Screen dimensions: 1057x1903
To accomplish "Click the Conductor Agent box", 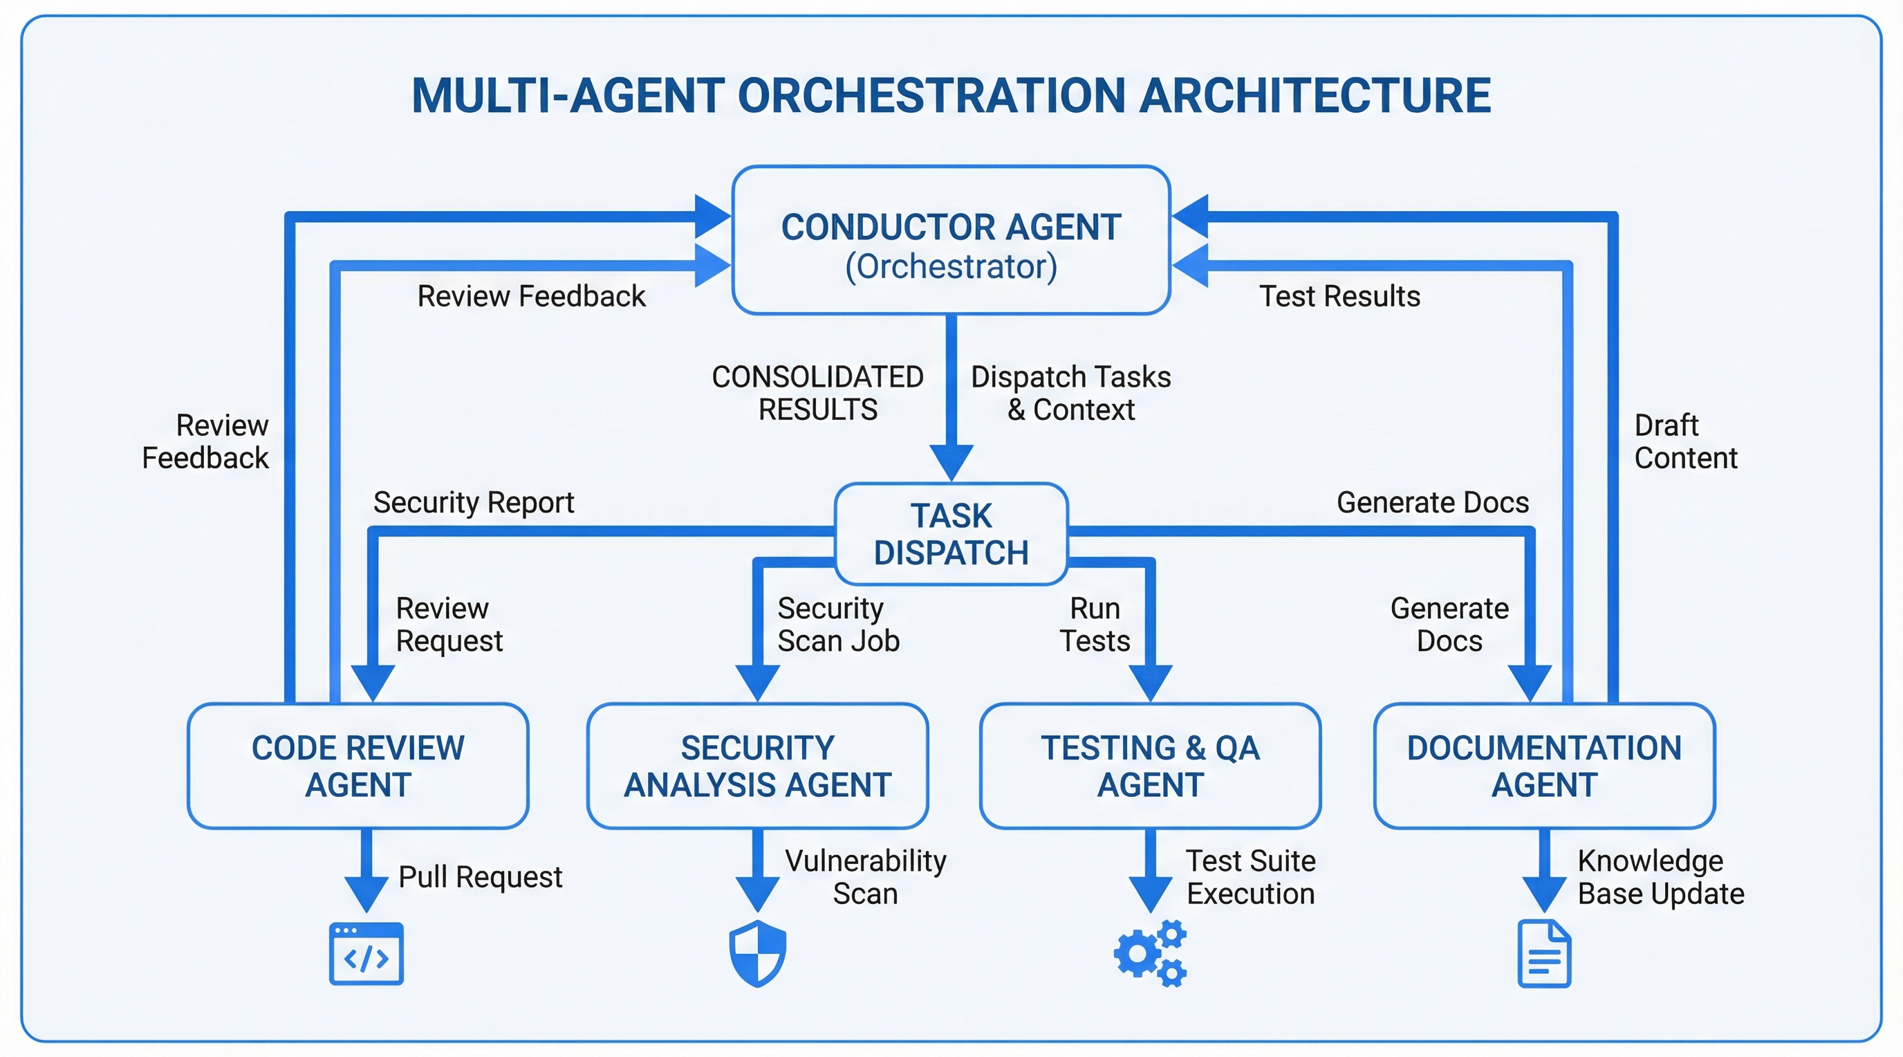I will click(x=951, y=241).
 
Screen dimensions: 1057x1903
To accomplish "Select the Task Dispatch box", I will click(x=951, y=533).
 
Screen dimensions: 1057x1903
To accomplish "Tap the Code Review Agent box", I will click(x=358, y=766).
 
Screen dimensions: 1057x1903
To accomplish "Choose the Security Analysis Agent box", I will click(x=757, y=766).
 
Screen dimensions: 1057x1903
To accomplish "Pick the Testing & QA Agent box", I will click(x=1150, y=766).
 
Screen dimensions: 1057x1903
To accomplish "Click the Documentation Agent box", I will click(x=1544, y=766).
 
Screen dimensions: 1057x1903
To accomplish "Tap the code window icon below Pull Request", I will click(x=366, y=953).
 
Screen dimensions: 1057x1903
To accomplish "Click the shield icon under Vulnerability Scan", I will click(x=757, y=953).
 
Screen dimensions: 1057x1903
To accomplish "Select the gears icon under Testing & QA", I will click(x=1150, y=953).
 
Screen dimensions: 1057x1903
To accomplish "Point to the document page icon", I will click(x=1544, y=953).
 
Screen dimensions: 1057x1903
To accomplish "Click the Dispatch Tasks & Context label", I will click(x=1070, y=393).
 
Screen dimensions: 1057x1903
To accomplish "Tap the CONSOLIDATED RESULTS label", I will click(x=818, y=393).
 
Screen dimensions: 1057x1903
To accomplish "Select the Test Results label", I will click(x=1339, y=296).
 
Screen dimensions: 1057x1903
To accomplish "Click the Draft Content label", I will click(x=1684, y=442).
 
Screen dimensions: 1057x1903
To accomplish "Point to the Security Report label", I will click(x=474, y=503).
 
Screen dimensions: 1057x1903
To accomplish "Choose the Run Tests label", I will click(x=1095, y=625).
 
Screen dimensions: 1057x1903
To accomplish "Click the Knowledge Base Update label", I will click(x=1660, y=877).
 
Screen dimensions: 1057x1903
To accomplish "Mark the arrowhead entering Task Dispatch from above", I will click(x=951, y=462).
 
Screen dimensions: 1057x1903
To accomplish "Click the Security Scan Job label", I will click(x=837, y=625).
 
